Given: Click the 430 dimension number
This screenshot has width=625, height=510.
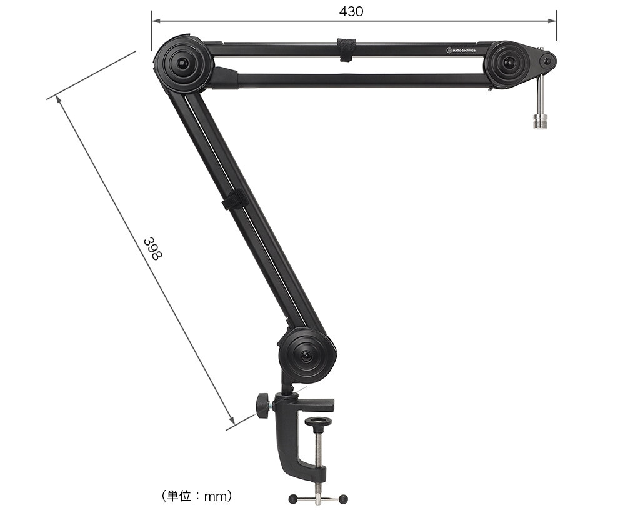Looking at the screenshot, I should [x=351, y=11].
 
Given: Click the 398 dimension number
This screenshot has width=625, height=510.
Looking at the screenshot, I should [x=152, y=249].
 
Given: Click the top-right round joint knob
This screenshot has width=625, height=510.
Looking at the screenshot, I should [x=509, y=63].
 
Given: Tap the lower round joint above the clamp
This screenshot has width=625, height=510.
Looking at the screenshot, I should [x=306, y=354].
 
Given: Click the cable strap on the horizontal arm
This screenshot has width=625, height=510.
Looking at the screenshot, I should [x=346, y=51].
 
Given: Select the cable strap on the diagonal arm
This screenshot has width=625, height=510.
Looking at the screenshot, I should [x=234, y=200].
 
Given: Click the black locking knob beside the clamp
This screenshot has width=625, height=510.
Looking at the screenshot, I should [x=261, y=406].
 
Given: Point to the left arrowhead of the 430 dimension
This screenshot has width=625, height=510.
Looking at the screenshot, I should [x=154, y=21].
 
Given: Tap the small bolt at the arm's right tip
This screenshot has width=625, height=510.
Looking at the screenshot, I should [x=547, y=61].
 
